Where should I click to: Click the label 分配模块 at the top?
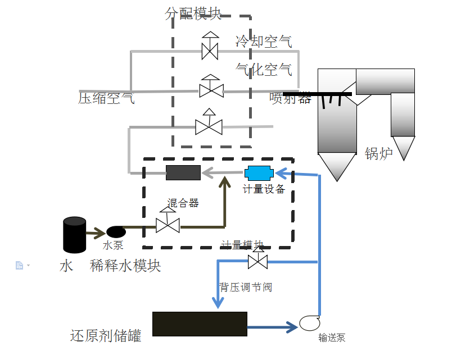pos(193,13)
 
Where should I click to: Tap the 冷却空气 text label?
pos(264,41)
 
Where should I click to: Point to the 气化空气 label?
pos(264,70)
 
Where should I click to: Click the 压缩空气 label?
pos(106,99)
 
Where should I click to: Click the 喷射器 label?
pos(290,99)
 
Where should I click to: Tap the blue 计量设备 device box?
pos(259,172)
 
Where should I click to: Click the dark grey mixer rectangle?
pos(183,172)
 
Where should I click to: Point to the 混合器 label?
pos(183,203)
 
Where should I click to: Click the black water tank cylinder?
pos(74,235)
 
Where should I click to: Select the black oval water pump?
pos(116,231)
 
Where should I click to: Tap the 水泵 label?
pos(113,245)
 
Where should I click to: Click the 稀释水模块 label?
pos(125,266)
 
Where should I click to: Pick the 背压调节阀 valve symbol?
pos(257,261)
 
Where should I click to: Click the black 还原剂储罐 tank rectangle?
pos(200,324)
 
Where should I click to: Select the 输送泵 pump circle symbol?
pos(309,323)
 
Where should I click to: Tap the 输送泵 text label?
pos(332,338)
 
